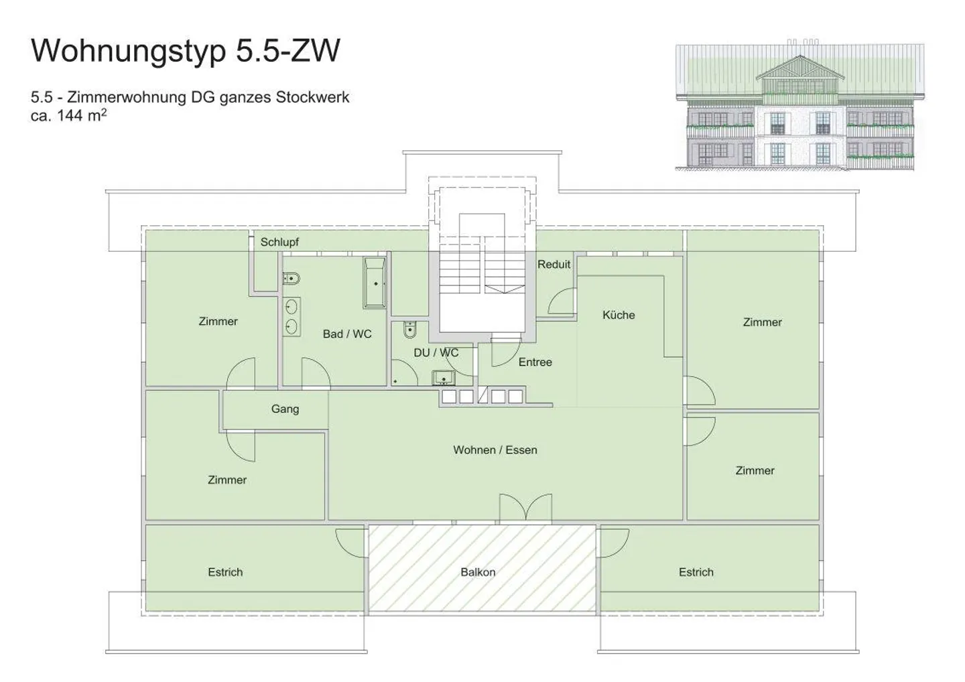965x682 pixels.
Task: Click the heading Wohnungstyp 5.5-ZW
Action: [x=186, y=51]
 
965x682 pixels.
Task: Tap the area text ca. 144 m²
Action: [x=69, y=115]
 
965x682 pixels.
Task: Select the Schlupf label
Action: [x=279, y=242]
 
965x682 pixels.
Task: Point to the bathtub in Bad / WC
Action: [x=375, y=283]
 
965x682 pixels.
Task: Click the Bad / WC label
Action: [x=347, y=334]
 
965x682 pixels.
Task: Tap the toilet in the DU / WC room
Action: [x=410, y=330]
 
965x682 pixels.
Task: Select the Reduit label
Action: [x=554, y=265]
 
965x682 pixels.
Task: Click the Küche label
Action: [x=618, y=315]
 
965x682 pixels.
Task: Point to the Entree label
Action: [x=535, y=362]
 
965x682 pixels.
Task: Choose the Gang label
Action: [x=285, y=409]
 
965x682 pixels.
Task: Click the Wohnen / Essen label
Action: [x=495, y=450]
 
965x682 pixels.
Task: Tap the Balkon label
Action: [x=478, y=572]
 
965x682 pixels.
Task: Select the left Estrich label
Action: [x=225, y=572]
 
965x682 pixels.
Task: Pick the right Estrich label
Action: [x=696, y=572]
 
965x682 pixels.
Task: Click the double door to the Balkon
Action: [x=525, y=507]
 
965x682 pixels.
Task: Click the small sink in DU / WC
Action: [x=443, y=379]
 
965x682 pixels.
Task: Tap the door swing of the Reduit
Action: [x=562, y=302]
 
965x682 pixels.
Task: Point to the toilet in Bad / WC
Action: [x=292, y=278]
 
